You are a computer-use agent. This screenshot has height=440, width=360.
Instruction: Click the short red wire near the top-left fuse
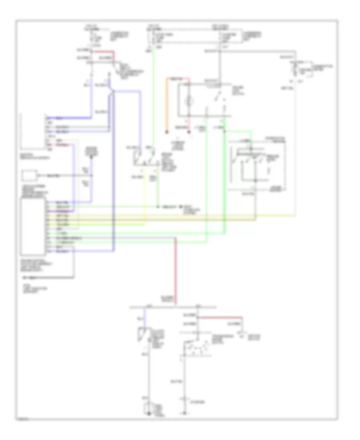pyautogui.click(x=105, y=52)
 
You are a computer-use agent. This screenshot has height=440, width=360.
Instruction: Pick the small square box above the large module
pyautogui.click(x=30, y=176)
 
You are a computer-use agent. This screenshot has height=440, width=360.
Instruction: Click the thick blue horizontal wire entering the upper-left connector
pyautogui.click(x=68, y=118)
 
